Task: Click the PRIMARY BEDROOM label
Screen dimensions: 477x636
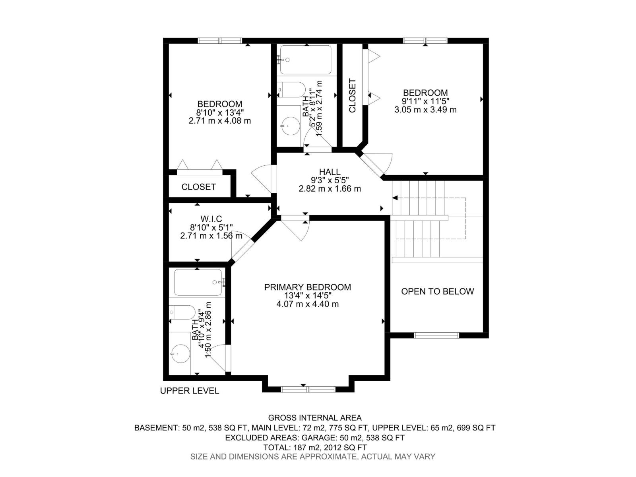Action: pyautogui.click(x=308, y=287)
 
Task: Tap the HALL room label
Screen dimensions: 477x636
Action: pyautogui.click(x=330, y=172)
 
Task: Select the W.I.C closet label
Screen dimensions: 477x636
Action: pyautogui.click(x=211, y=219)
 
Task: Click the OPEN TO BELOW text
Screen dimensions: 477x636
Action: pyautogui.click(x=437, y=291)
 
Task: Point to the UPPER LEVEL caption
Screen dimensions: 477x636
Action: pyautogui.click(x=189, y=391)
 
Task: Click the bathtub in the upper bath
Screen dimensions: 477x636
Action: pyautogui.click(x=305, y=60)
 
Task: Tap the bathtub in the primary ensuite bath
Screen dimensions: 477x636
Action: pyautogui.click(x=198, y=283)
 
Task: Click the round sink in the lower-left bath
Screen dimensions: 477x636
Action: pyautogui.click(x=180, y=353)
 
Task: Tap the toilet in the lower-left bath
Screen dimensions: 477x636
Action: pyautogui.click(x=182, y=312)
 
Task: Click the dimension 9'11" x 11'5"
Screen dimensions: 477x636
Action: pyautogui.click(x=425, y=101)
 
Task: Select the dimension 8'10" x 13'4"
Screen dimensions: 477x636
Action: pyautogui.click(x=220, y=112)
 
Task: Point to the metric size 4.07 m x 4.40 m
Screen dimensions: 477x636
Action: pyautogui.click(x=308, y=304)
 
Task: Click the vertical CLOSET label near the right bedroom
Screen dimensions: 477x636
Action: pyautogui.click(x=352, y=96)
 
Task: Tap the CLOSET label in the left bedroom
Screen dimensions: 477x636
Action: pyautogui.click(x=199, y=187)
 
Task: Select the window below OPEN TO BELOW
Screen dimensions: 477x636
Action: pyautogui.click(x=436, y=335)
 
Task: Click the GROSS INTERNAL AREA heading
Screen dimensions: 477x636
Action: pyautogui.click(x=315, y=418)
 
